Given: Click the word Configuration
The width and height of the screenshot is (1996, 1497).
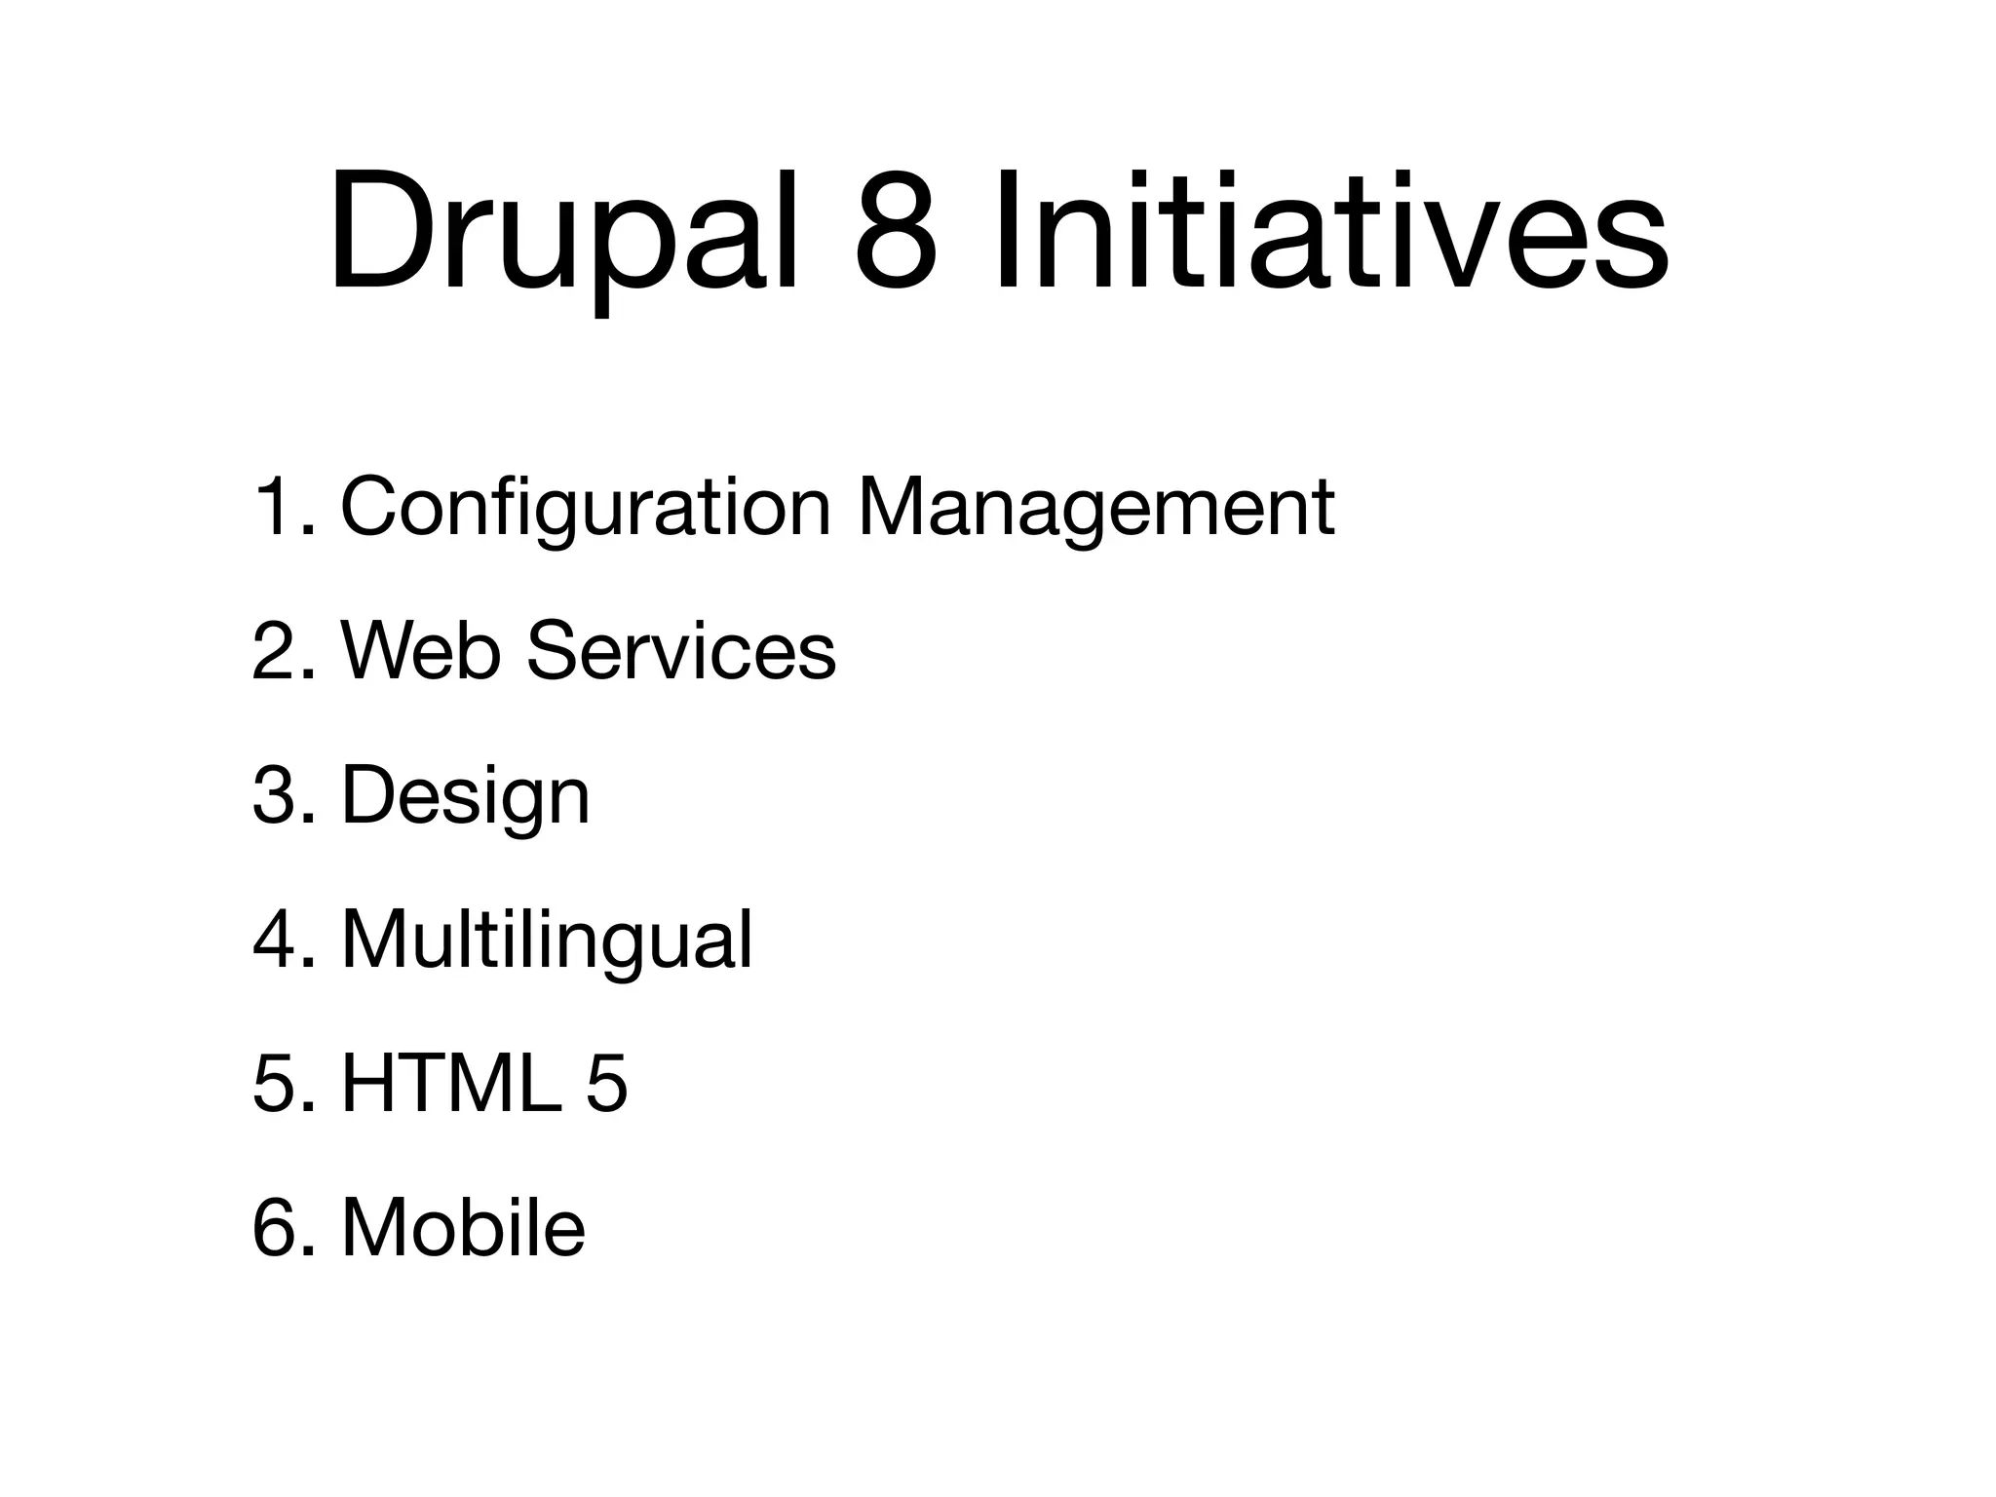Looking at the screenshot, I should [585, 508].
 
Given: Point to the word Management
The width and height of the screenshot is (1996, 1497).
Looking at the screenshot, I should [1095, 508].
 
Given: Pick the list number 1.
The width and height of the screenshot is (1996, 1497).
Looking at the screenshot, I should [281, 508].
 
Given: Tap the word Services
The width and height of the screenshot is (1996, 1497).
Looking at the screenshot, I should [680, 651].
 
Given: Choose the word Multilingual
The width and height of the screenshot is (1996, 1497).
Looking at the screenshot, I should [547, 940].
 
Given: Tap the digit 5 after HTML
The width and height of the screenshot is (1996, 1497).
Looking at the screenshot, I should [606, 1084].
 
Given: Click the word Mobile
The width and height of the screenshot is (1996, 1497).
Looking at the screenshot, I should [463, 1228].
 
